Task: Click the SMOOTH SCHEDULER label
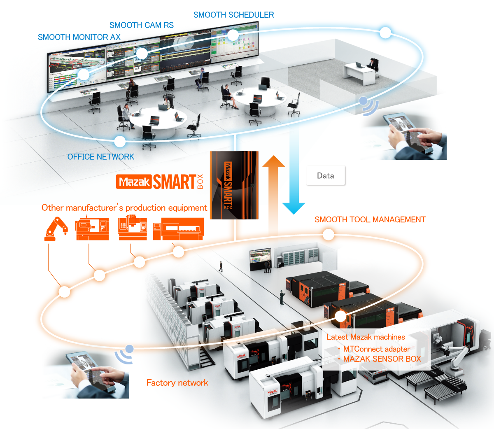(233, 15)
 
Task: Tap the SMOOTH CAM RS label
(141, 25)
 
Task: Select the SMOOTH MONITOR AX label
(79, 37)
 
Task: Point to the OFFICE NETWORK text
(100, 157)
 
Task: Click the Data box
(325, 176)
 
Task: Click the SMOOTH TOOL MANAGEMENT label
(370, 220)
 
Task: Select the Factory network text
(177, 383)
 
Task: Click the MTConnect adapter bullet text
(376, 349)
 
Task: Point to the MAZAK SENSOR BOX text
(382, 359)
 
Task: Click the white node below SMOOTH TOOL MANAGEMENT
(328, 235)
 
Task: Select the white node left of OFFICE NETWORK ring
(119, 141)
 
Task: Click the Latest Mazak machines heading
(366, 337)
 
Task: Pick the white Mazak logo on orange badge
(134, 182)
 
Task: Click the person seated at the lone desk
(373, 64)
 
